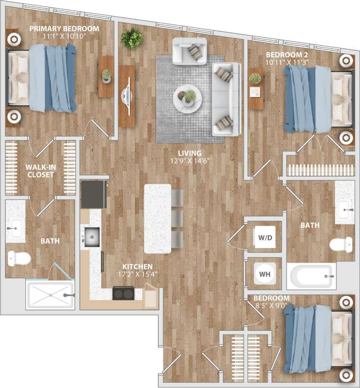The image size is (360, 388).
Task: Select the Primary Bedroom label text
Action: point(64,29)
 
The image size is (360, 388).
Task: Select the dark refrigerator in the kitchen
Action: point(94,194)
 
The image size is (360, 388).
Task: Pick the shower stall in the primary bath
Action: point(50,295)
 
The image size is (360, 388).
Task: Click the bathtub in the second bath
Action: point(310,276)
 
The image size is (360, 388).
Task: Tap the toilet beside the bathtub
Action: point(342,245)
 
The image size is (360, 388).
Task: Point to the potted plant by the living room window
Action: point(132,38)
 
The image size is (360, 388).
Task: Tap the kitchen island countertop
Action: point(157,218)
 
